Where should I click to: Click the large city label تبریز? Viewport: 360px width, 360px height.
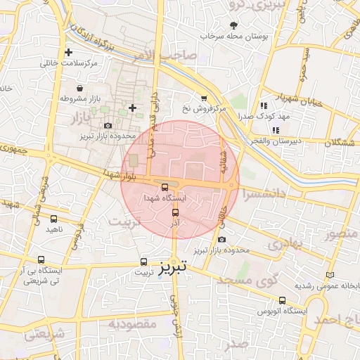(172, 268)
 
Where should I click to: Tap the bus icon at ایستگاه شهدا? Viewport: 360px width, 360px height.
(165, 188)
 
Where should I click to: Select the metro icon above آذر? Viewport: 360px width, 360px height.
(175, 212)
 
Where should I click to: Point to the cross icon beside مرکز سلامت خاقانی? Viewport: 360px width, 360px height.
(68, 53)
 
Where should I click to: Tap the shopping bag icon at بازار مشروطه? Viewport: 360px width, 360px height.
(81, 89)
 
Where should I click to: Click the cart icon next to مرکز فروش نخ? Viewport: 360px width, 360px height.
(204, 98)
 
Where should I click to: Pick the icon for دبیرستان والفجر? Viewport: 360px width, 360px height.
(276, 130)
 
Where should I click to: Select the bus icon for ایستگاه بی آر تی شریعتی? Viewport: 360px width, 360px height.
(41, 259)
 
